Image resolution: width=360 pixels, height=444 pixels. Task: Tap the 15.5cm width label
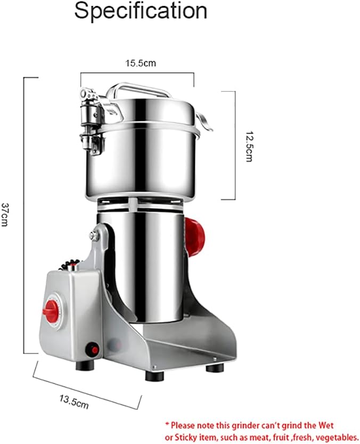141,63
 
